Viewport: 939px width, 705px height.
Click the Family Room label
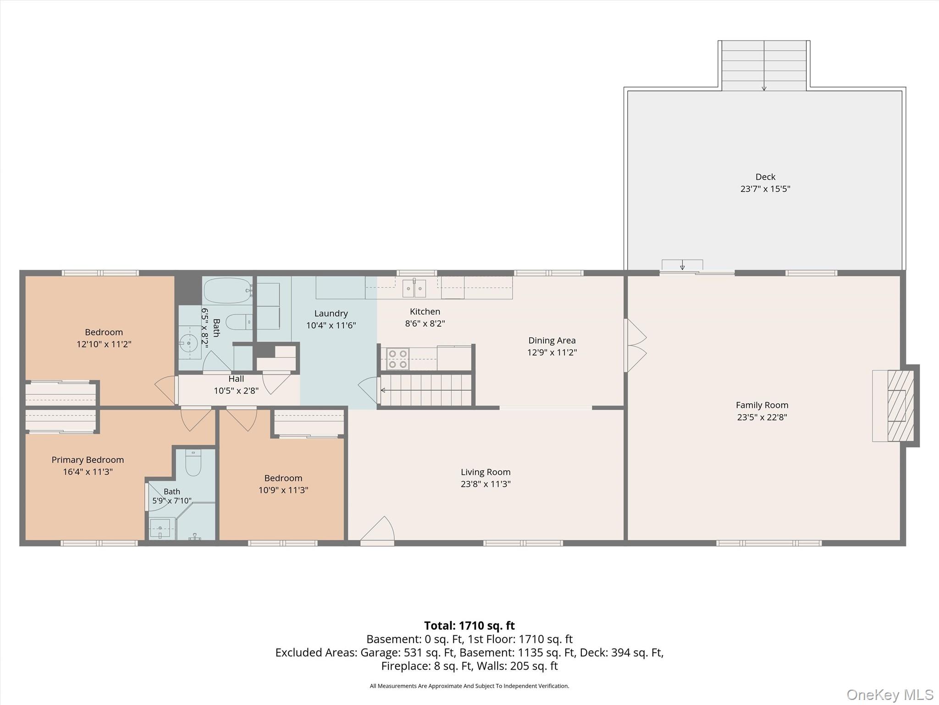(x=762, y=405)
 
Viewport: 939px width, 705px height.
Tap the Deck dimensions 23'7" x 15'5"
(x=765, y=189)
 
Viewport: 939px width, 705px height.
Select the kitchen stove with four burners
(x=398, y=359)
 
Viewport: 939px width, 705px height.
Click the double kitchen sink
(x=414, y=288)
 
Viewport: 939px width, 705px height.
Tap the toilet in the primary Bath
(x=193, y=463)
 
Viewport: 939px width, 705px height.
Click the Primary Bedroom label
(x=88, y=460)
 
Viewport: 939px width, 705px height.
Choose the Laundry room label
(x=331, y=313)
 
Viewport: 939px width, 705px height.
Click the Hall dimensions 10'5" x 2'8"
(x=236, y=391)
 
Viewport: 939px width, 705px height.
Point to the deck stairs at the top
(x=764, y=66)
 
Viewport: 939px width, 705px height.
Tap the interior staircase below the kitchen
(x=426, y=391)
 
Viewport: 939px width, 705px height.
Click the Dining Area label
(x=552, y=341)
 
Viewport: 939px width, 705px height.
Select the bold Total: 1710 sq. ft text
(x=469, y=626)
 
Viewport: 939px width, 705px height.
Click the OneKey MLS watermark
(x=890, y=694)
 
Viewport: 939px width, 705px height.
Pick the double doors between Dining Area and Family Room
(x=635, y=346)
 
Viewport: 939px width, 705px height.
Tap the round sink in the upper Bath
(x=188, y=342)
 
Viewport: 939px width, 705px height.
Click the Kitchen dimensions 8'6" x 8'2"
(x=425, y=324)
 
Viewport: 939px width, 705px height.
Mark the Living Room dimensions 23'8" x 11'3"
(x=486, y=484)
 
